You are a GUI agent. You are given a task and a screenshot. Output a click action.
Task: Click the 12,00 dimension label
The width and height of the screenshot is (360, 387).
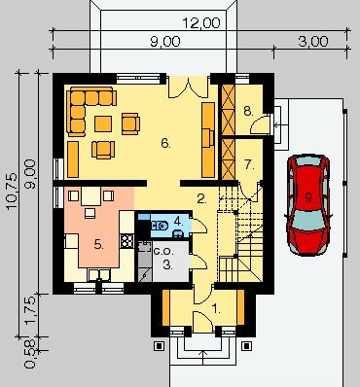(201, 23)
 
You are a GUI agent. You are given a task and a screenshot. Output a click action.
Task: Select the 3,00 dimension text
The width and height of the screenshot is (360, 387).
(313, 42)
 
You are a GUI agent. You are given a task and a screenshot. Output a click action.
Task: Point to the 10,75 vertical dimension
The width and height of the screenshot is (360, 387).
(12, 192)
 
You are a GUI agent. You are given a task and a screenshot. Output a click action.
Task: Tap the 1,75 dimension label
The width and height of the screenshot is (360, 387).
(31, 310)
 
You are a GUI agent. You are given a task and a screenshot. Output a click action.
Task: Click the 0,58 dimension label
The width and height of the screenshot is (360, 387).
(30, 354)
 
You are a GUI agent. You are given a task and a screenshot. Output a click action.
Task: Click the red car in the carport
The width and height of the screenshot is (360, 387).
(308, 205)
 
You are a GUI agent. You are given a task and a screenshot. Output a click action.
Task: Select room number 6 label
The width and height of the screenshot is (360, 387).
(165, 143)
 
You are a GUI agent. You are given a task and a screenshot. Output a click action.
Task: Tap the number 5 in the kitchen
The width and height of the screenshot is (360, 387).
(99, 244)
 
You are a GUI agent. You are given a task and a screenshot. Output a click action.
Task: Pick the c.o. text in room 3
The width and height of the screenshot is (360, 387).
(163, 251)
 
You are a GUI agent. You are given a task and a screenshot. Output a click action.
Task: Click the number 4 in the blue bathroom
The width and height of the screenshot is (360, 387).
(178, 221)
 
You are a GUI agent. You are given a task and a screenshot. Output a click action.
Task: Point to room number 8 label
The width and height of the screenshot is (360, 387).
(248, 112)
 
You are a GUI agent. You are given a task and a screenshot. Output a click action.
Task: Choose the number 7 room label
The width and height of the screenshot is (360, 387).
(249, 164)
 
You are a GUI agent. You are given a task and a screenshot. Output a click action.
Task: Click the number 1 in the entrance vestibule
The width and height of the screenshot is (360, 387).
(216, 309)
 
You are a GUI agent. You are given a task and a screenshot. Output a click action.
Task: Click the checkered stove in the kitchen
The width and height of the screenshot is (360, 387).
(126, 241)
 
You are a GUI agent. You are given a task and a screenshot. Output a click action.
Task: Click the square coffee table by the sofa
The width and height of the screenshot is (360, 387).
(103, 123)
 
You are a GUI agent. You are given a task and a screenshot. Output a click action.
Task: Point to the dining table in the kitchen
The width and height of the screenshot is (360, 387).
(90, 196)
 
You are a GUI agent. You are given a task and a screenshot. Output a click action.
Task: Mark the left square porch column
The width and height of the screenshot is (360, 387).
(159, 346)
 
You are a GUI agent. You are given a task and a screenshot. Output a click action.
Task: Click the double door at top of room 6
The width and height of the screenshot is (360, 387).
(188, 87)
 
